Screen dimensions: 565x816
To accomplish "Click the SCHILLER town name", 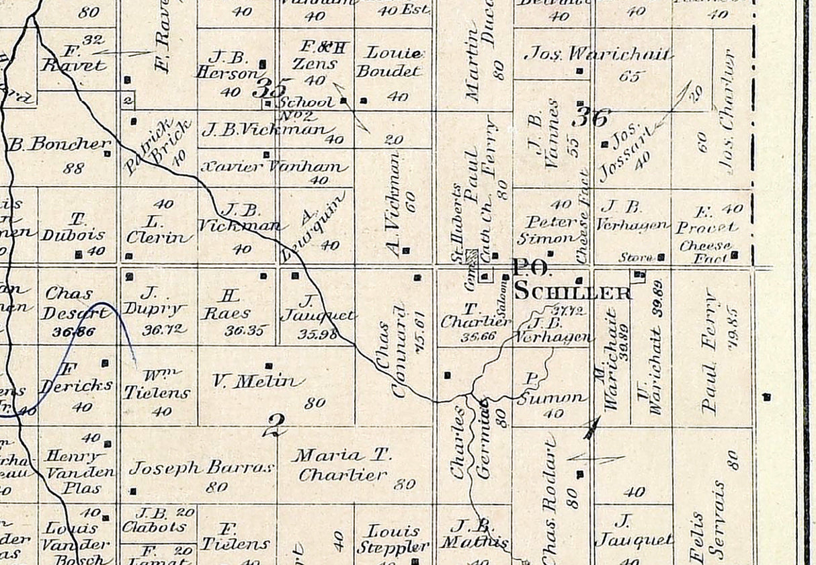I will coord(573,292).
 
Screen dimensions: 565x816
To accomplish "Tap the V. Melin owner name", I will coord(254,382).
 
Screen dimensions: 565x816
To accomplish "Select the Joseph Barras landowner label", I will coord(201,468).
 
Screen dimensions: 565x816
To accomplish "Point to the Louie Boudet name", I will coord(394,62).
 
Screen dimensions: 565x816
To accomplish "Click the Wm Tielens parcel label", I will coord(157,386).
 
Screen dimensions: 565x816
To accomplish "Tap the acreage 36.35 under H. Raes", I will coord(243,331).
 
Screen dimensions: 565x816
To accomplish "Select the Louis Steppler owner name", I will coord(393,539).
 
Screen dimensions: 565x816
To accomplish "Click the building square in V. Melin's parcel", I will coord(269,366).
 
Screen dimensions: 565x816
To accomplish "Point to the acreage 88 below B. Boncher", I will coord(73,167).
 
